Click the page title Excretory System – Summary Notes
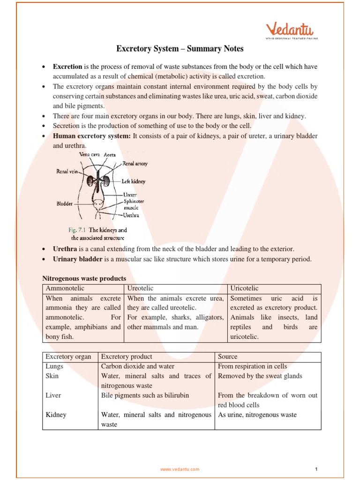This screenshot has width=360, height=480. tap(180, 49)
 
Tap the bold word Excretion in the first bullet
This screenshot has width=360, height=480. tap(67, 67)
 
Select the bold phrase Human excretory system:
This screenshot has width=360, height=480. tap(92, 136)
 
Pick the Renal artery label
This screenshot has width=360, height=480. tap(135, 164)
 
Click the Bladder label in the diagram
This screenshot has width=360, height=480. tap(65, 204)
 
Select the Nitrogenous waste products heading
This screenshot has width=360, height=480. tap(84, 278)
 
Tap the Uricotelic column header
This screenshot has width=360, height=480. tap(244, 288)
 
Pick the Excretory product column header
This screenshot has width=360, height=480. tap(127, 357)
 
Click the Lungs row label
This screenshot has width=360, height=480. tap(54, 366)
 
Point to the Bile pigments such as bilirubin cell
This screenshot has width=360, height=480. tap(145, 395)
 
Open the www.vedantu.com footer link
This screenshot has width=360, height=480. tap(180, 469)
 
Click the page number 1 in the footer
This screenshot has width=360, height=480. tap(316, 469)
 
